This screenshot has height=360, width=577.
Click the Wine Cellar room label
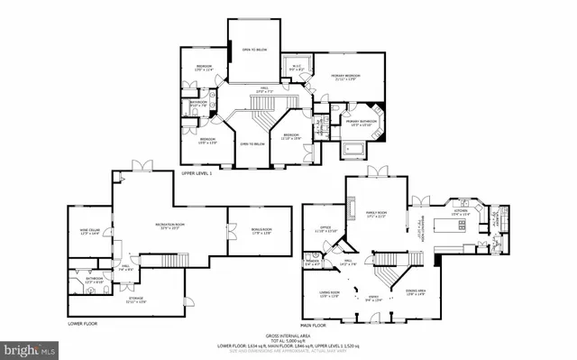pos(89,232)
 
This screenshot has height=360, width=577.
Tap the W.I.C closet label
pos(295,66)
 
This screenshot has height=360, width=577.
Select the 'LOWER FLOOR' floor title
pos(82,322)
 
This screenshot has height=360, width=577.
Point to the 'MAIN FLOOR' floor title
pos(315,324)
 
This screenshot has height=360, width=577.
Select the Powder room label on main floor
pos(312,263)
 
